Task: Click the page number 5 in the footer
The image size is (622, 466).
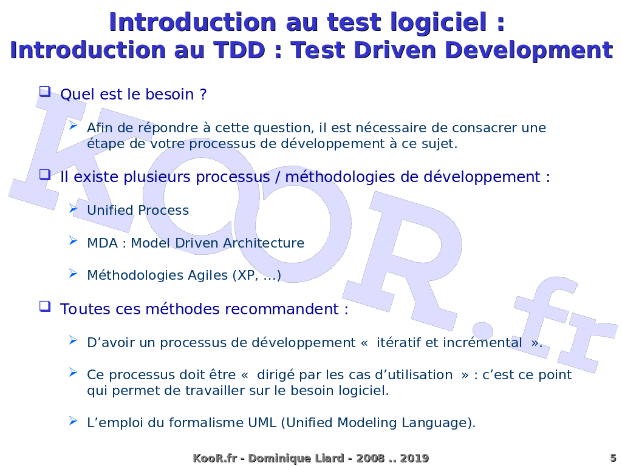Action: [x=613, y=458]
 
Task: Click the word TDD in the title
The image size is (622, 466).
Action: [x=239, y=50]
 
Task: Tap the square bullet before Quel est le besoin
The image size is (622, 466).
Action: [x=45, y=92]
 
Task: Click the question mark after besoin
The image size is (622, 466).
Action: [x=203, y=94]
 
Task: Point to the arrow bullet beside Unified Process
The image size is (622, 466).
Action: [x=73, y=208]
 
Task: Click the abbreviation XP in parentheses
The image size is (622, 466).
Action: [x=248, y=275]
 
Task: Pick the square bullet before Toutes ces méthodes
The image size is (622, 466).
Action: [x=45, y=306]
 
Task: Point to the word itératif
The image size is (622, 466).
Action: [x=398, y=342]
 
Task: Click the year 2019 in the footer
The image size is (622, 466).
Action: [x=414, y=458]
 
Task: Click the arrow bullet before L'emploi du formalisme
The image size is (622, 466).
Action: [x=73, y=420]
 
